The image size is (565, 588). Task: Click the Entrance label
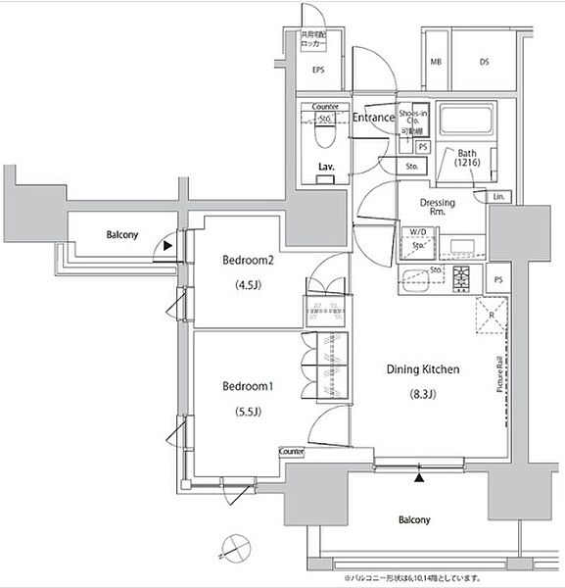[373, 119]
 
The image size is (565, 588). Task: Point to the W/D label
[418, 232]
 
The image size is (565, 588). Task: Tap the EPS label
[318, 71]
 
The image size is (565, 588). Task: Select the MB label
[434, 64]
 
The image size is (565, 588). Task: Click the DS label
[484, 64]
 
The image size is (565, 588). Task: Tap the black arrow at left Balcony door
[171, 247]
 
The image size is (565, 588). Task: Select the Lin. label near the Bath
[498, 197]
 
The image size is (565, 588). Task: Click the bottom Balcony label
[415, 519]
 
